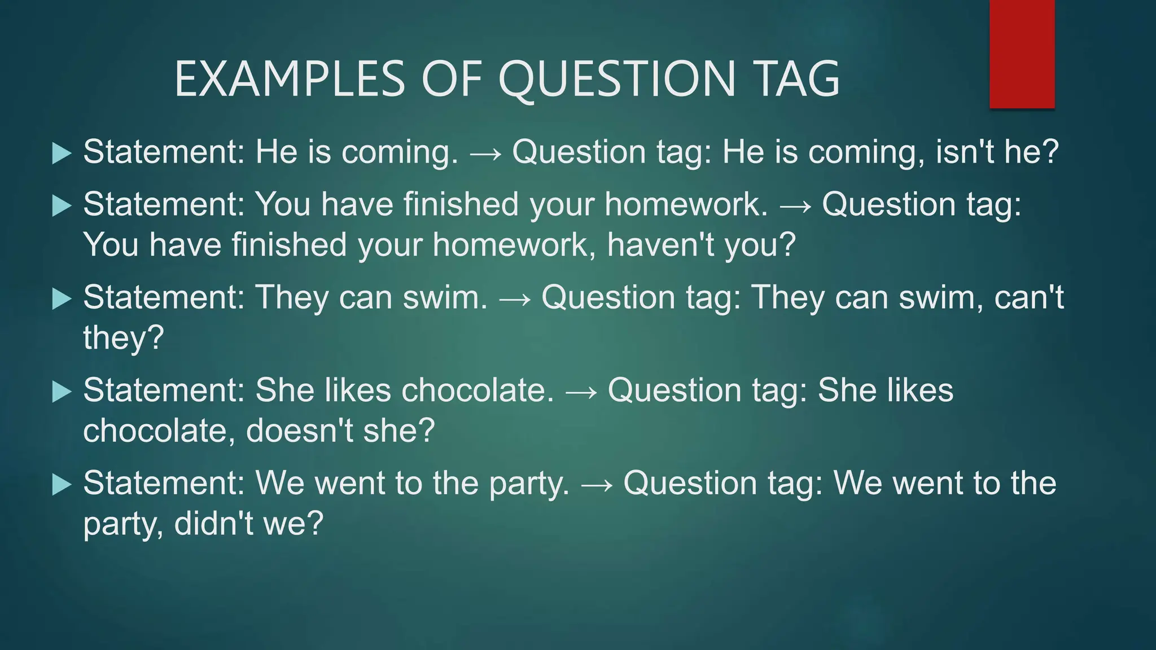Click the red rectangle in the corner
[x=1022, y=54]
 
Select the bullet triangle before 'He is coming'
[x=62, y=153]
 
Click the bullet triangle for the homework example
[x=62, y=205]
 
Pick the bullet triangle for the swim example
[x=62, y=298]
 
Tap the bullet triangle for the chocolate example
[x=62, y=392]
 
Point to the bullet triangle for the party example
[x=62, y=484]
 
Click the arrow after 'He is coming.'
[x=485, y=154]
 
